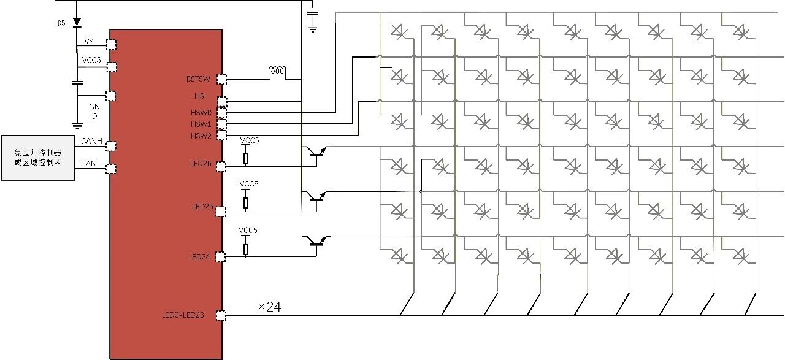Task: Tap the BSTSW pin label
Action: [198, 79]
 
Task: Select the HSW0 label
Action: [201, 113]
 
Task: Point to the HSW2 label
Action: [201, 136]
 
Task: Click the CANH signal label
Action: [91, 142]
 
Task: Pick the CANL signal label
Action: [91, 164]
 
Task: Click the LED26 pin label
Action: [201, 163]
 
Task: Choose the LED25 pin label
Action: [202, 207]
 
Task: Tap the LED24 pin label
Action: [201, 257]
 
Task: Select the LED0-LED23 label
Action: [183, 316]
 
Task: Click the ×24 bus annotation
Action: [269, 307]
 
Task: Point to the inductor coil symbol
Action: [277, 73]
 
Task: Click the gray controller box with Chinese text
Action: [38, 158]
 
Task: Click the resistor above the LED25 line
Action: [246, 202]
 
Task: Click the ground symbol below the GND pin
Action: [77, 125]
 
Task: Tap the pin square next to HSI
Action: [222, 101]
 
